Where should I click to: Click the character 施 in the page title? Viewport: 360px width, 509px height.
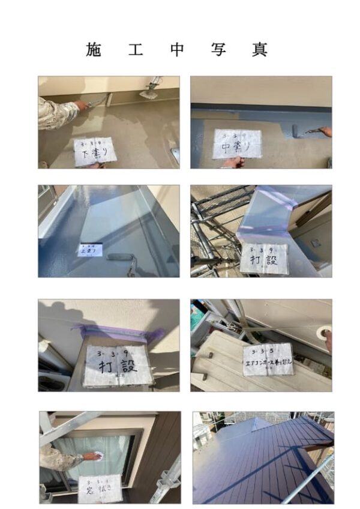pos(94,49)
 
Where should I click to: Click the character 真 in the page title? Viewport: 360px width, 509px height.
pos(260,49)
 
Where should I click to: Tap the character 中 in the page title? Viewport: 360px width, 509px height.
pos(177,49)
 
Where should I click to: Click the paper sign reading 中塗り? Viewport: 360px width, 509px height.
pos(237,143)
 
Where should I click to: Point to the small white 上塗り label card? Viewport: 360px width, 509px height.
pos(90,248)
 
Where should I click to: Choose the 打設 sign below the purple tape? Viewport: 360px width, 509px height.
pos(117,365)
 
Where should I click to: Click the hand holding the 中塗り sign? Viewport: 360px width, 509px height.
pos(233,161)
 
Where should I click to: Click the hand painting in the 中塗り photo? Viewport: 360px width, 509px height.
pos(325,131)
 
